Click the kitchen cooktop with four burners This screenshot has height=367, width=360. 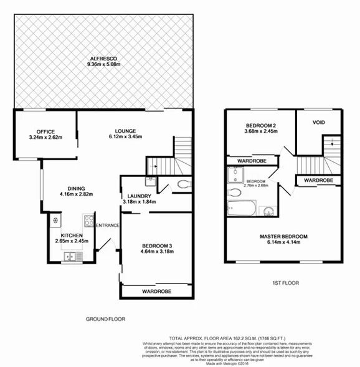(88, 220)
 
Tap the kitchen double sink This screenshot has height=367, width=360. (72, 255)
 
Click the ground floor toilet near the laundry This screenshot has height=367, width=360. (181, 184)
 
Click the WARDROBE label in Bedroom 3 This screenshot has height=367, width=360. (156, 291)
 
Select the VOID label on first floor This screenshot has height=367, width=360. (319, 123)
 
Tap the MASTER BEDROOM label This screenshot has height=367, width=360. (283, 236)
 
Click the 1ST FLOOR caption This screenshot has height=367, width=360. (286, 283)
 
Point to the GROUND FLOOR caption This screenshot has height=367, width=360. (105, 318)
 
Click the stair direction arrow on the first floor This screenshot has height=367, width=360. (333, 145)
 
